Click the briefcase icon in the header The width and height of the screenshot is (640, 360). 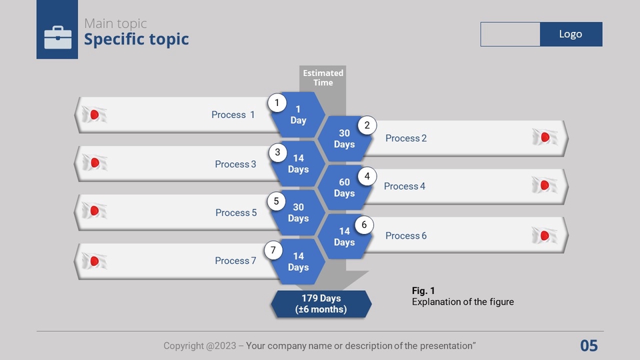[57, 37]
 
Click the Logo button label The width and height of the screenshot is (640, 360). [570, 34]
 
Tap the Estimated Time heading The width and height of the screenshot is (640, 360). [323, 77]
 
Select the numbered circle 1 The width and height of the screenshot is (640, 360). [277, 103]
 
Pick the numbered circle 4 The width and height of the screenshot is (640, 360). [367, 176]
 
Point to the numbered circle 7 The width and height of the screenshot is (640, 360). [273, 250]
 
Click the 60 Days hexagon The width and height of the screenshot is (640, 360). [345, 188]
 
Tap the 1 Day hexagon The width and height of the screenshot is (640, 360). [298, 115]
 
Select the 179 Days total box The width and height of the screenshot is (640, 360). [321, 304]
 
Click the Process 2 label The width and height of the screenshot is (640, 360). [406, 139]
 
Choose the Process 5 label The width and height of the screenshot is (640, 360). [236, 213]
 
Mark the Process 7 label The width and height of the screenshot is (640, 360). [235, 261]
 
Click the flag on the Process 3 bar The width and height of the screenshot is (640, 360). [95, 163]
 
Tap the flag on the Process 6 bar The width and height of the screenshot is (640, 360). [545, 235]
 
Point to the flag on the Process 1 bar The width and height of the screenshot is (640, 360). [94, 115]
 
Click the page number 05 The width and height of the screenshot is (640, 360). [589, 346]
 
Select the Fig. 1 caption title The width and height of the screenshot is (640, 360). [423, 291]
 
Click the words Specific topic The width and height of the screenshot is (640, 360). [136, 39]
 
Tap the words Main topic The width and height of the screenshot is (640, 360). [115, 23]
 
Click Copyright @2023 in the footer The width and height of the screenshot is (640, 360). [200, 346]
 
